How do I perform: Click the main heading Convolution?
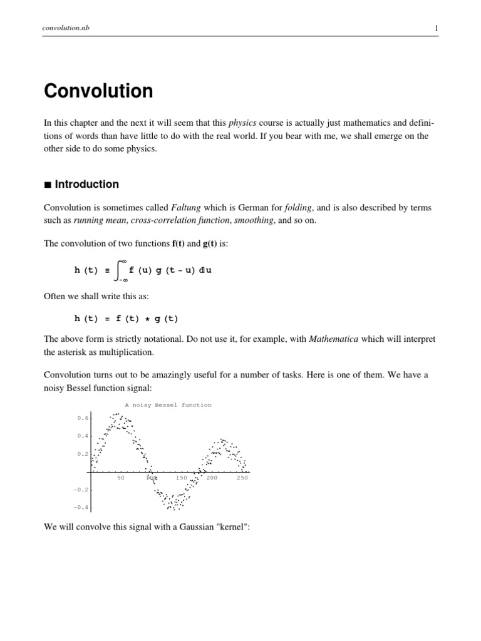98,91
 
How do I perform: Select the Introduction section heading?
86,185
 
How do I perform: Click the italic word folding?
299,208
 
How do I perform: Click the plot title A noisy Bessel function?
168,405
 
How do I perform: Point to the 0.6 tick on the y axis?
82,418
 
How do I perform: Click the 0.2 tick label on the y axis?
82,453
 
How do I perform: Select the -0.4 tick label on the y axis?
81,507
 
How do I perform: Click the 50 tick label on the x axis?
121,478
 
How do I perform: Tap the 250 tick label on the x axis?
242,478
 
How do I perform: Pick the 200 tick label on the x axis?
212,478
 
